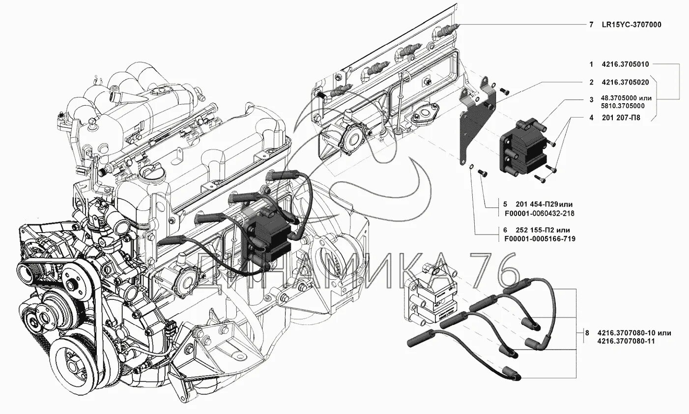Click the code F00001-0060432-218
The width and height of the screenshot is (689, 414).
(x=539, y=213)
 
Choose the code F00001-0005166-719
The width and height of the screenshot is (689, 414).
(x=540, y=239)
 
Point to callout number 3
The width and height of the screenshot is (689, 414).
(x=591, y=100)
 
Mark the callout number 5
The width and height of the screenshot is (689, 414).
(x=505, y=204)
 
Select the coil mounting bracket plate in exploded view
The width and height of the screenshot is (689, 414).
(x=477, y=123)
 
